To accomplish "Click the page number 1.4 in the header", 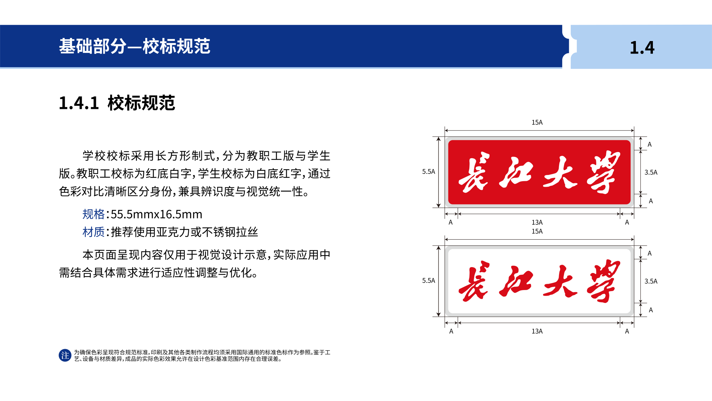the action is (x=642, y=48).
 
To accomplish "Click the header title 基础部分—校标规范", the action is (x=135, y=46).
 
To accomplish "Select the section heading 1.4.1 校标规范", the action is (x=117, y=103).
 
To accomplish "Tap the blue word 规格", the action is (x=94, y=214).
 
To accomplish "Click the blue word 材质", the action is (x=94, y=232).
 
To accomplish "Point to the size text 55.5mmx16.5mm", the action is (x=156, y=214).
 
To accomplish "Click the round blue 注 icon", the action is (x=65, y=355).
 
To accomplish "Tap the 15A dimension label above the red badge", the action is (x=537, y=122).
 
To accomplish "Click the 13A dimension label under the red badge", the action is (x=537, y=222).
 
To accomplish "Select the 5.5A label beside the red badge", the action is (x=428, y=171).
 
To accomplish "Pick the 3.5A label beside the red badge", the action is (x=651, y=172).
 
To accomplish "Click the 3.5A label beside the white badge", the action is (x=651, y=281).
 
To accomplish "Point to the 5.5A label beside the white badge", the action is (x=428, y=280).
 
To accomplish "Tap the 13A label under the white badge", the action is (x=537, y=331).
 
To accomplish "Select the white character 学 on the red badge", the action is (x=604, y=172).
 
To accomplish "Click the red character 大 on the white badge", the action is (x=560, y=281).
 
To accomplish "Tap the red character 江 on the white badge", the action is (x=516, y=281).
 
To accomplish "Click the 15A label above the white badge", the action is (x=537, y=231).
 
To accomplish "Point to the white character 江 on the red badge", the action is (x=516, y=172).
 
